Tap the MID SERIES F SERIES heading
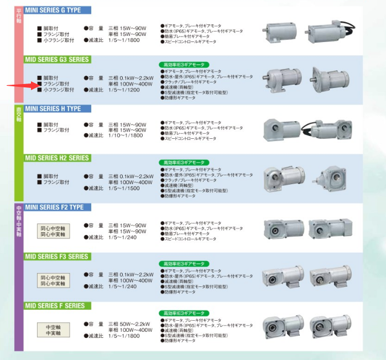pos(55,305)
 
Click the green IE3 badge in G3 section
pos(184,65)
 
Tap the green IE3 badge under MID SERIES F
pos(184,313)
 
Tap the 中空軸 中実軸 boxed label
pos(54,330)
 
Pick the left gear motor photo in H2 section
pos(284,178)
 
